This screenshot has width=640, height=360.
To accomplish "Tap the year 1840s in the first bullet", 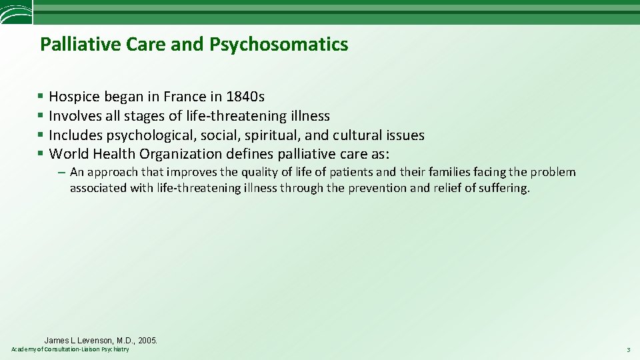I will [245, 97].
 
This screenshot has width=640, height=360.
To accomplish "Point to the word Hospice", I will [75, 97].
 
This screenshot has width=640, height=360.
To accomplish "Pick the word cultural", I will [358, 135].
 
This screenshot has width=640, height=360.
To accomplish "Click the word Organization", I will [180, 155].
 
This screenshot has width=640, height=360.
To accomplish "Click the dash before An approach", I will [61, 172].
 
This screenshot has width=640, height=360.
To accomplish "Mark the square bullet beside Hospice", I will [41, 97].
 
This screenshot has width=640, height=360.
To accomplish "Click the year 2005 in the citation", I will [147, 340].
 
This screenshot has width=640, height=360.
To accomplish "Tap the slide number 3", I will [628, 350].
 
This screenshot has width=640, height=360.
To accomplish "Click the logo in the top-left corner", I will [15, 12].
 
